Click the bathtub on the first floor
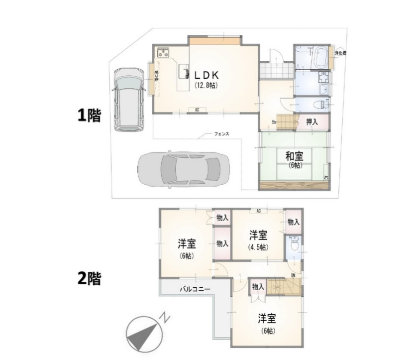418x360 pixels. [x=320, y=56]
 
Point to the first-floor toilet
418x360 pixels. [x=323, y=104]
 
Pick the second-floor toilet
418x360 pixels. [x=294, y=245]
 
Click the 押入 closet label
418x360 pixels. [x=312, y=120]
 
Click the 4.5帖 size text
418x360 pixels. [x=258, y=247]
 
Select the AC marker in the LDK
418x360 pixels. [x=197, y=110]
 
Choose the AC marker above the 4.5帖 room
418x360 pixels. [x=258, y=211]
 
